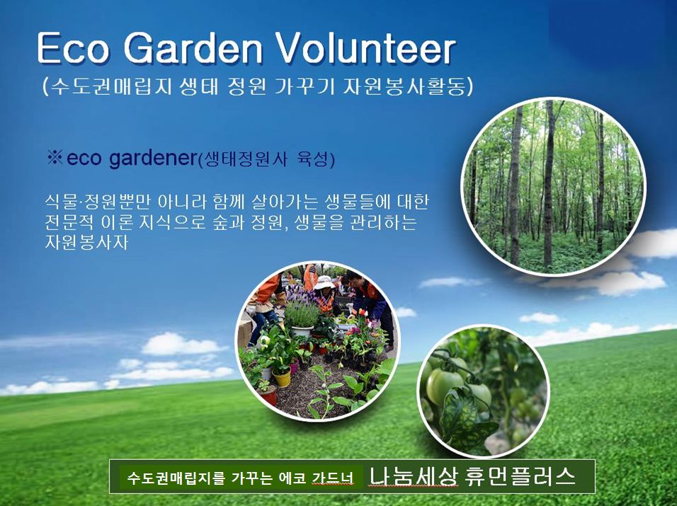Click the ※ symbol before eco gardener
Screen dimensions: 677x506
point(55,157)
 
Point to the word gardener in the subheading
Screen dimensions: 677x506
point(153,159)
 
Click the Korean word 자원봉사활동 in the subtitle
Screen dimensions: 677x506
point(404,87)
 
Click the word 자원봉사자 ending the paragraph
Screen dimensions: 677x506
point(87,242)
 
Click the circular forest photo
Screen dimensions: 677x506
point(553,186)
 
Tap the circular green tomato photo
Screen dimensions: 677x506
point(483,391)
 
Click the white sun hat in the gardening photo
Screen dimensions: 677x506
point(324,282)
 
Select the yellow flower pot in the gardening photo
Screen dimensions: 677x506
point(282,378)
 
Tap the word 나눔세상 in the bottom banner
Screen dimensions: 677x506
point(412,477)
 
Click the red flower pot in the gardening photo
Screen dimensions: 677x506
point(268,395)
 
